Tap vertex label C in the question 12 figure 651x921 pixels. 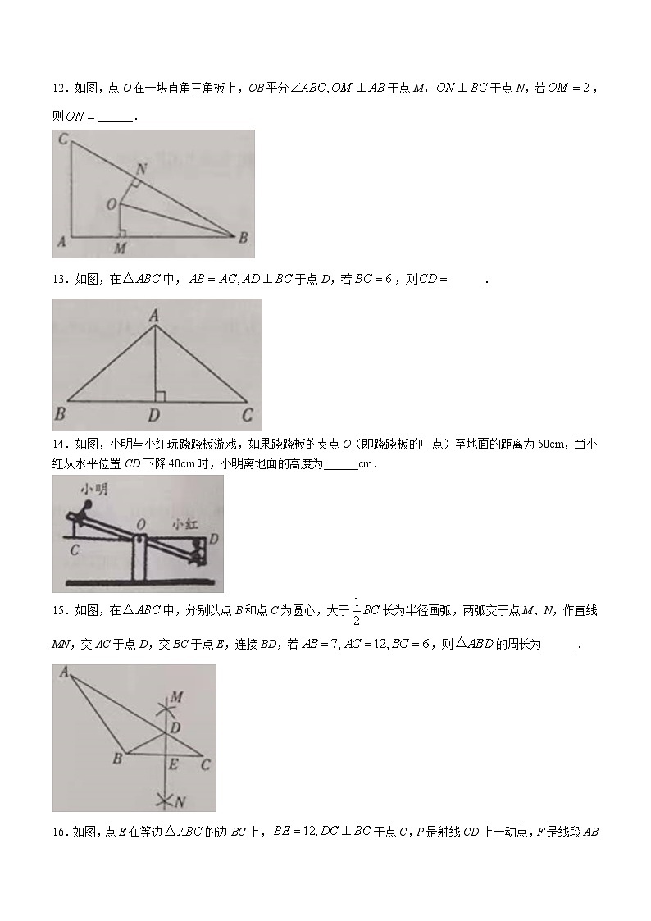point(63,140)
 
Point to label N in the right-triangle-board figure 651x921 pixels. point(142,168)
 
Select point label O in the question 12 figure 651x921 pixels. point(111,204)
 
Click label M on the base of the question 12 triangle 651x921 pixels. point(120,248)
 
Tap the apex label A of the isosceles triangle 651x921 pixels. point(154,312)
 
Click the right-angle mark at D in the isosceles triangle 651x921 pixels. point(160,396)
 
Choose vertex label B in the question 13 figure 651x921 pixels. point(60,414)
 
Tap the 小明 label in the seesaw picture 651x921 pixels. point(90,489)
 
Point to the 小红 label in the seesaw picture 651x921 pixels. point(184,522)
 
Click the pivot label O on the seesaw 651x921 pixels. point(141,523)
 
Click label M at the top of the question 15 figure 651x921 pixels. point(175,697)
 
